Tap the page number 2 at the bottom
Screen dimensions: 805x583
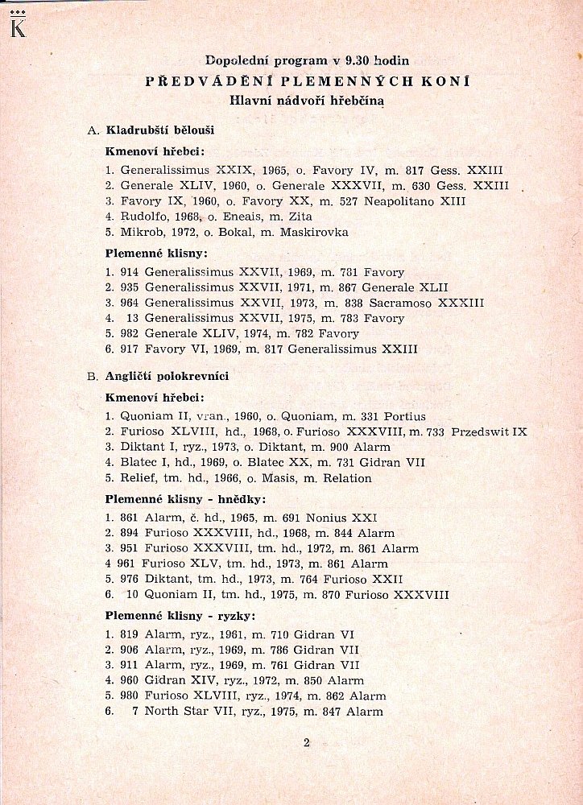(307, 742)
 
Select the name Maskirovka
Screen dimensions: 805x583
(314, 232)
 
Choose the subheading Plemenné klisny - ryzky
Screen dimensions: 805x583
(180, 616)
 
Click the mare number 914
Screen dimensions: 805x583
(129, 272)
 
